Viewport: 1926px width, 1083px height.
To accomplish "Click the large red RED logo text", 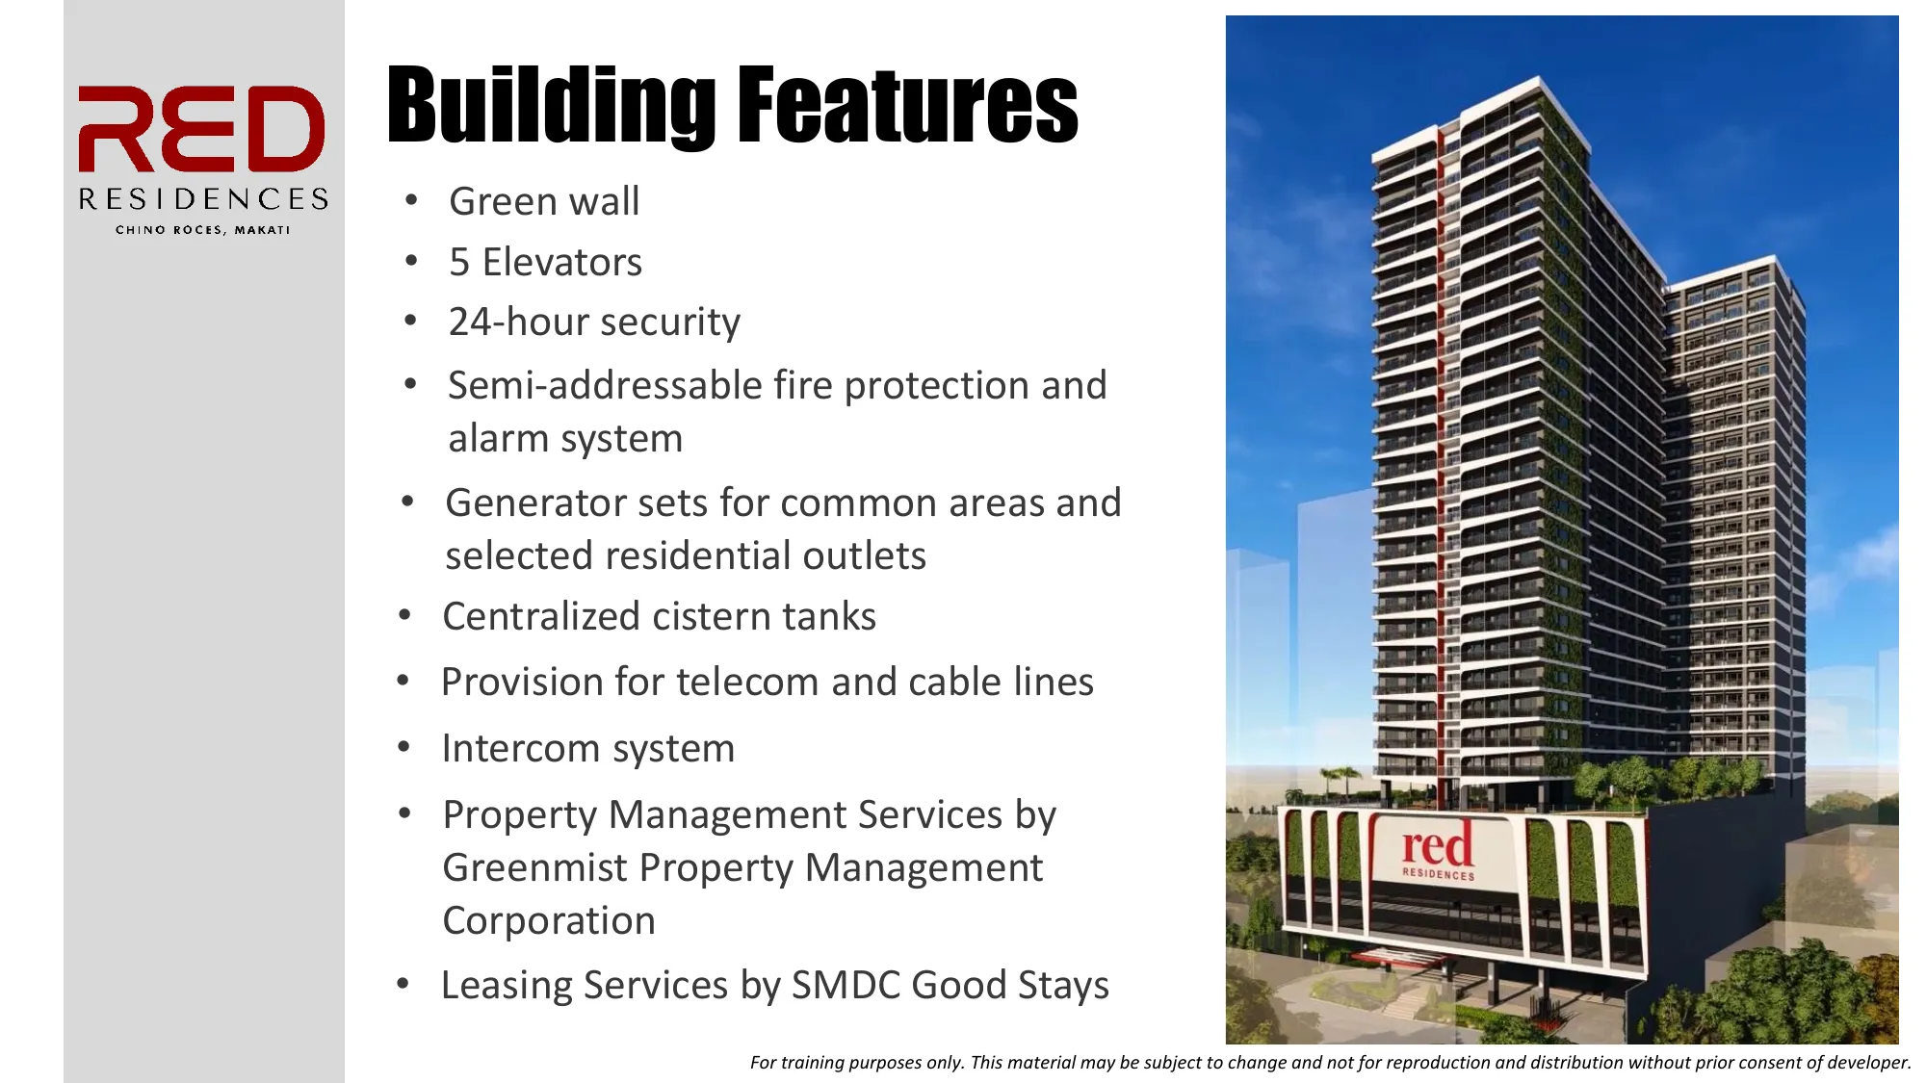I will point(201,129).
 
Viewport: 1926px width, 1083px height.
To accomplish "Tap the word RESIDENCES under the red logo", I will point(203,199).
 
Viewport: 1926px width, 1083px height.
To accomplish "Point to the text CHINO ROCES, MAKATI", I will point(202,230).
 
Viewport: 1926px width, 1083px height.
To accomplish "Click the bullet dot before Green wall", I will point(412,200).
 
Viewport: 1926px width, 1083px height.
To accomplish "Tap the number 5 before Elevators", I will point(459,262).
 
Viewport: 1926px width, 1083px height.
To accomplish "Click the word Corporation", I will point(549,921).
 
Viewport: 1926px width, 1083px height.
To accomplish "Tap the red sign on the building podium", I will point(1437,850).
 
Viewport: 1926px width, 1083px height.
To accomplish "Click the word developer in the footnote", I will point(1867,1063).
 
